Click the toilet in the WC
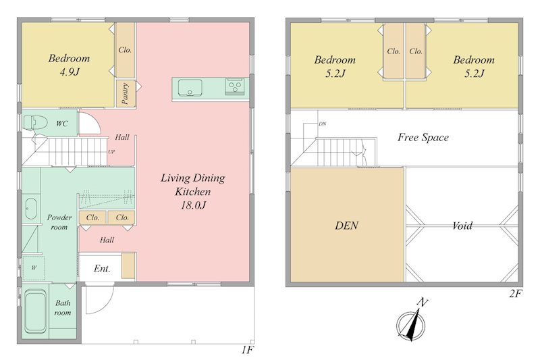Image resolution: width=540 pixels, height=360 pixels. [x=35, y=123]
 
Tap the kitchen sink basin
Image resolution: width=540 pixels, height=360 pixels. [x=190, y=88]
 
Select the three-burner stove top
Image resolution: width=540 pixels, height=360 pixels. [x=234, y=86]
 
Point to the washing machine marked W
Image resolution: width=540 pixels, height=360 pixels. [x=33, y=268]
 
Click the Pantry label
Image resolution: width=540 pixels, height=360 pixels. [x=126, y=93]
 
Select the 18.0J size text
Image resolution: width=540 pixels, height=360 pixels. [x=193, y=205]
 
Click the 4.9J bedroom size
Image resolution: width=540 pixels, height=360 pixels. [x=70, y=72]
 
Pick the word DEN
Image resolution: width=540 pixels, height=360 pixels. [x=346, y=226]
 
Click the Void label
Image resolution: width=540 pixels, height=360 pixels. [x=462, y=226]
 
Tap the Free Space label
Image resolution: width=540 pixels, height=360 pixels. [x=423, y=138]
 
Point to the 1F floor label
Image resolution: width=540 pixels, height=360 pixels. [x=247, y=350]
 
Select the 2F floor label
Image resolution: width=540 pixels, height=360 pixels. [x=516, y=294]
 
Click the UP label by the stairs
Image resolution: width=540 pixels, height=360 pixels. [x=111, y=151]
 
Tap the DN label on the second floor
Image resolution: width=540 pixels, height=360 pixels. [x=323, y=124]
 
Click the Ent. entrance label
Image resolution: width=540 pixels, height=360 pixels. [x=102, y=268]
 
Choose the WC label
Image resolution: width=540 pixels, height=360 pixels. [x=62, y=124]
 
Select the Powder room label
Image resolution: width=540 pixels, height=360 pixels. [x=59, y=222]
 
